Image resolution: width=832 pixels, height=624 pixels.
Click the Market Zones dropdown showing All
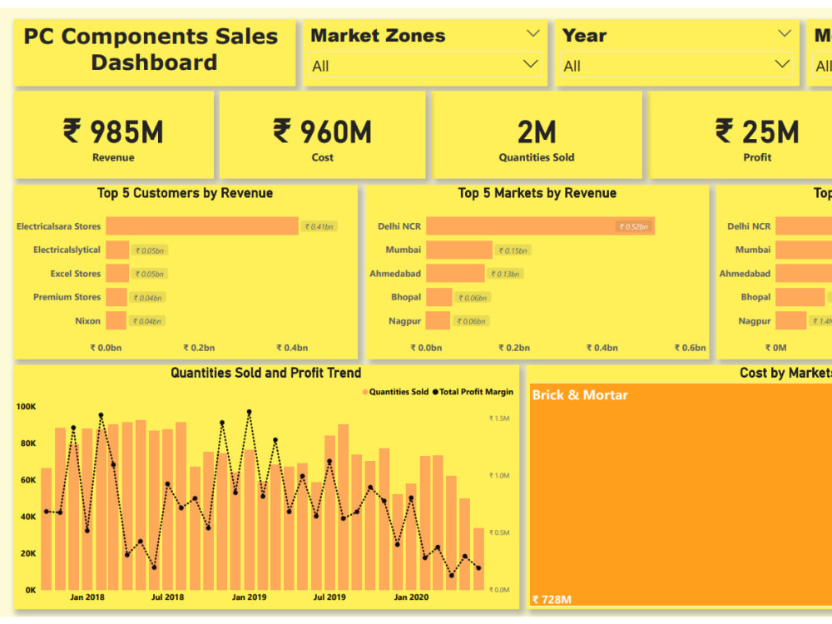(x=424, y=66)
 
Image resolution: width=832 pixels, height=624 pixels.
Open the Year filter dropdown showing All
(x=676, y=66)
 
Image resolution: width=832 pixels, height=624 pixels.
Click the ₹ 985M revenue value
(x=113, y=131)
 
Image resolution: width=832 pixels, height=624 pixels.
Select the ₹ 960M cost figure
(x=322, y=131)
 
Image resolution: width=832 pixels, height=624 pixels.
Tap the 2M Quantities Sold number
(x=536, y=131)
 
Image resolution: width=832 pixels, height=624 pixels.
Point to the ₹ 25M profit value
(x=756, y=131)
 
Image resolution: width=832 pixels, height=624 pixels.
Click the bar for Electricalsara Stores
(x=201, y=226)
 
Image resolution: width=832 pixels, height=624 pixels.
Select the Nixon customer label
(x=87, y=321)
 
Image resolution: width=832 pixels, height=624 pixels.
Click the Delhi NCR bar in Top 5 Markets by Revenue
(x=541, y=226)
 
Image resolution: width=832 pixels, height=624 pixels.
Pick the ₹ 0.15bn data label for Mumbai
(x=513, y=250)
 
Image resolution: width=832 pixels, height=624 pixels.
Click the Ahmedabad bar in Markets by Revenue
(x=455, y=274)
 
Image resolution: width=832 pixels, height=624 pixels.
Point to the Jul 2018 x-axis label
(x=167, y=597)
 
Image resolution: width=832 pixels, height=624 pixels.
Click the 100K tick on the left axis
(x=26, y=407)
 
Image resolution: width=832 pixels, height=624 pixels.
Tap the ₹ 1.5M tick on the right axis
(x=499, y=418)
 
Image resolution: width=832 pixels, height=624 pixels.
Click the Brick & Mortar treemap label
(x=580, y=395)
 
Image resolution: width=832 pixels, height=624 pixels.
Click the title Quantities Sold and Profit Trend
(x=266, y=374)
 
